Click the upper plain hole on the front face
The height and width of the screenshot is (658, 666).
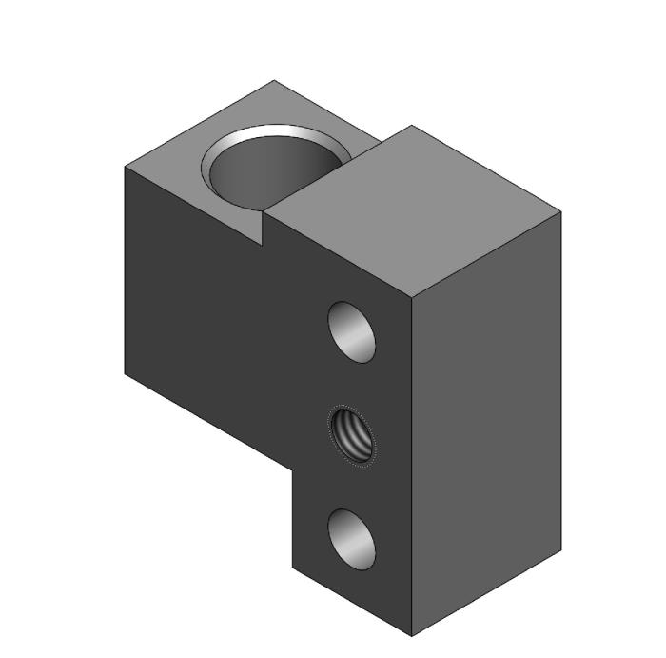tap(351, 330)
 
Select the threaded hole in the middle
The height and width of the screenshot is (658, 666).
tap(351, 435)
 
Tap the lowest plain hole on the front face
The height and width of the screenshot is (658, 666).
tap(351, 538)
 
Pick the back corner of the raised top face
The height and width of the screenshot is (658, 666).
tap(411, 126)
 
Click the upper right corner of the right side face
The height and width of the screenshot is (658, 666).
tap(560, 211)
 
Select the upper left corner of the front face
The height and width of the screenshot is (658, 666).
tap(126, 167)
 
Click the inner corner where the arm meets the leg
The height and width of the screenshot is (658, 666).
tap(293, 469)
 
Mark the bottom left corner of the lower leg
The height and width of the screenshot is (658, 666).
tap(293, 568)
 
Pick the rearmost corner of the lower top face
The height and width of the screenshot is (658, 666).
tap(275, 81)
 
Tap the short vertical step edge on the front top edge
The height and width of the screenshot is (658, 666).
tap(262, 229)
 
